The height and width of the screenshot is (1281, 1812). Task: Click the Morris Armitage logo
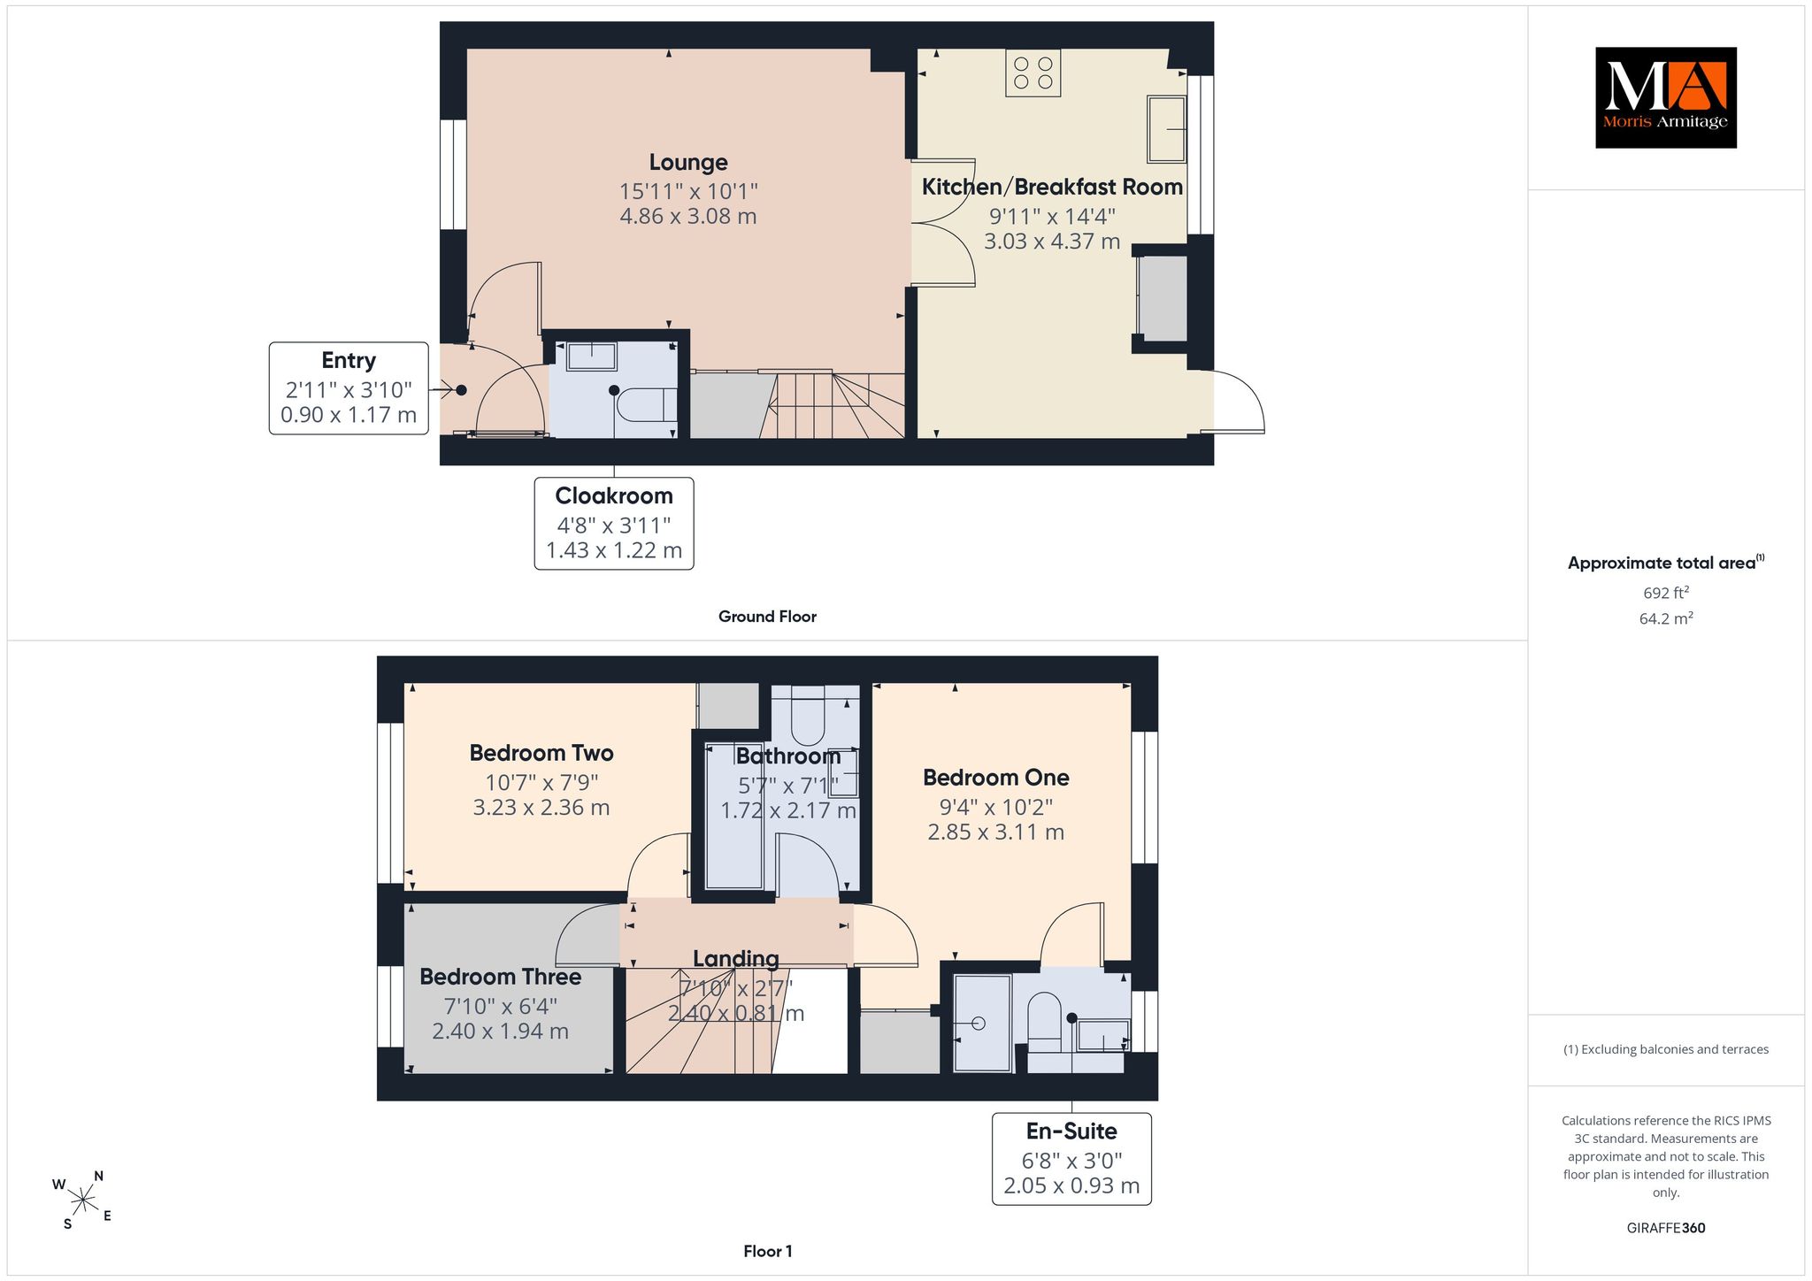pos(1665,97)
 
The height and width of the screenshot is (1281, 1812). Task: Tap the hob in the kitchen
pos(1033,73)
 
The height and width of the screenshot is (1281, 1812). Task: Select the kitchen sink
pos(1166,129)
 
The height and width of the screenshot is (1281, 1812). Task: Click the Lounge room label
pos(688,163)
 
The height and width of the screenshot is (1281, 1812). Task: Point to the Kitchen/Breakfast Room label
pos(1052,187)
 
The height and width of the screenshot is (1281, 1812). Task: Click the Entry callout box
pos(349,388)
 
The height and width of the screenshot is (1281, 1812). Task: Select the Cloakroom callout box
pos(614,524)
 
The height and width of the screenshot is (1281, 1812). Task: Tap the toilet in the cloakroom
pos(647,405)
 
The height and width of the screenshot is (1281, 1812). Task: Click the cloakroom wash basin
pos(591,356)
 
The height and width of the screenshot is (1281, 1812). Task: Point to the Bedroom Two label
pos(541,753)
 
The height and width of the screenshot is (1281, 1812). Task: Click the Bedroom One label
pos(995,778)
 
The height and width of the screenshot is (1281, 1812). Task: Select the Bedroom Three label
pos(500,977)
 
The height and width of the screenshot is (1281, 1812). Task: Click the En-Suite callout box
pos(1071,1159)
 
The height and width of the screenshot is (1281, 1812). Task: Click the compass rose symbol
pos(82,1200)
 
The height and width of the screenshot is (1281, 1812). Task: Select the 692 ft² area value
pos(1666,593)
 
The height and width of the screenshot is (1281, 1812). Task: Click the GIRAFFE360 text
pos(1666,1228)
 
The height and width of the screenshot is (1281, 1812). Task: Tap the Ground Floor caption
pos(767,617)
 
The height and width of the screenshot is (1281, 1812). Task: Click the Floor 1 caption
pos(768,1251)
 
